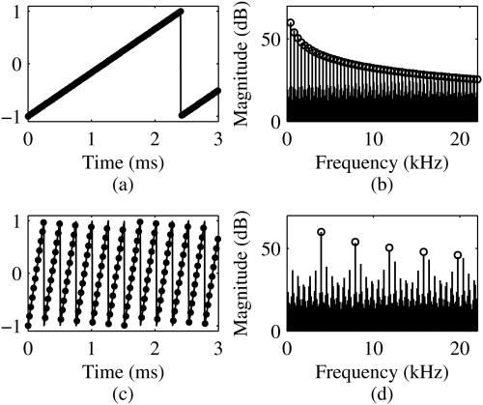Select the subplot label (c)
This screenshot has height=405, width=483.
coord(124,392)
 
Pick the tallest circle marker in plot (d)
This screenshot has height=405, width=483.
coord(321,232)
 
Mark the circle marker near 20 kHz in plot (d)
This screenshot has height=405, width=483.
coord(458,255)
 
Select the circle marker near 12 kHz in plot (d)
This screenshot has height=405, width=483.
coord(389,247)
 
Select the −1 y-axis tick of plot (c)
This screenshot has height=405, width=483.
coord(13,325)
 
